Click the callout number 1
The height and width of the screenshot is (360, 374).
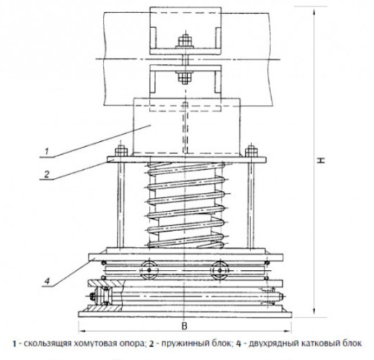click(x=47, y=151)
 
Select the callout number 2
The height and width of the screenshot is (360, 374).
click(x=47, y=174)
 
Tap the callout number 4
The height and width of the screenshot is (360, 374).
click(x=47, y=281)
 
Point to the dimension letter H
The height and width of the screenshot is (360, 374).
click(x=321, y=161)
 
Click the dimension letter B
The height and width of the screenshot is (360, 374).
click(x=184, y=326)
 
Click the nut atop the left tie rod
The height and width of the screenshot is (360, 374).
click(x=121, y=151)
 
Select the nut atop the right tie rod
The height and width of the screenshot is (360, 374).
click(x=252, y=151)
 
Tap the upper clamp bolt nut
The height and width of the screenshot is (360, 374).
click(x=185, y=42)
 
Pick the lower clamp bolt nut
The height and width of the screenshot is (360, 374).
click(x=185, y=76)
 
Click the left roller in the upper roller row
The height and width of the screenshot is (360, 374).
click(x=150, y=270)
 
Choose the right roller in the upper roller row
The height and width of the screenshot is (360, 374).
click(x=219, y=270)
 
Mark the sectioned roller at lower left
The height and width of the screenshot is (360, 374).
click(x=104, y=296)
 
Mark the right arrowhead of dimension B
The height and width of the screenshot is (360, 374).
click(x=288, y=331)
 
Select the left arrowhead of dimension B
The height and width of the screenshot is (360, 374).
click(x=83, y=331)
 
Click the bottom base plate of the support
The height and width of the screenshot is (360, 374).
click(x=185, y=314)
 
